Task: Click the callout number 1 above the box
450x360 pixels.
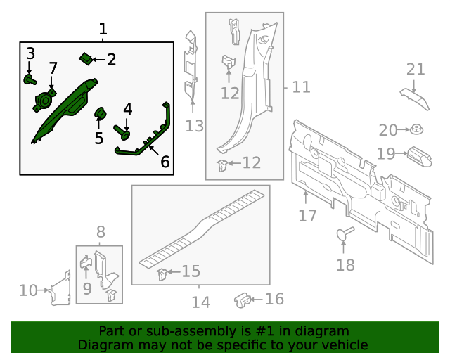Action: pyautogui.click(x=103, y=30)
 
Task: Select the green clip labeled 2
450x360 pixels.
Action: pyautogui.click(x=84, y=58)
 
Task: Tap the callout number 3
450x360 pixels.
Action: pyautogui.click(x=30, y=53)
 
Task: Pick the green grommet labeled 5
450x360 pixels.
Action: pyautogui.click(x=100, y=112)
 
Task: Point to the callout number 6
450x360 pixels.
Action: pyautogui.click(x=165, y=162)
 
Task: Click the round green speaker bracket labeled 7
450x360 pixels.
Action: pyautogui.click(x=44, y=101)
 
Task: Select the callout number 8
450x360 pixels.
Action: pyautogui.click(x=101, y=231)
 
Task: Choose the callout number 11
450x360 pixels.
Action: pyautogui.click(x=301, y=87)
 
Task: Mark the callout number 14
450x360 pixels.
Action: pyautogui.click(x=200, y=302)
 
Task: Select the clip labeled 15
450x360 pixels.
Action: pyautogui.click(x=162, y=274)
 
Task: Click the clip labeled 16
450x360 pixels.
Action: pyautogui.click(x=241, y=300)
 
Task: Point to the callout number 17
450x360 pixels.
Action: pyautogui.click(x=307, y=215)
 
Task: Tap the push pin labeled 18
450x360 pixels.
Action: pyautogui.click(x=344, y=233)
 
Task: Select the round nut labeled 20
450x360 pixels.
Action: pyautogui.click(x=417, y=130)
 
